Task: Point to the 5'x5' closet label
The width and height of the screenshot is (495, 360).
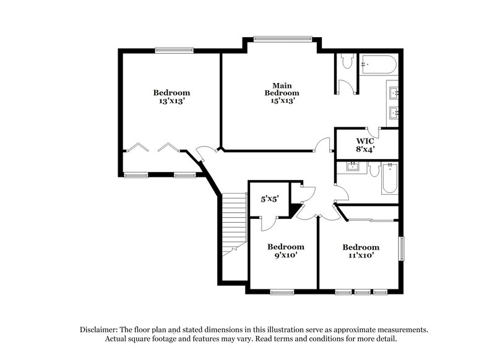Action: click(x=270, y=199)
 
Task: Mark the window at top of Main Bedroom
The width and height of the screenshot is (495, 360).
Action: click(x=282, y=39)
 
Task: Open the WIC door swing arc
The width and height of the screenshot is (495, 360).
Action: click(x=373, y=131)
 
